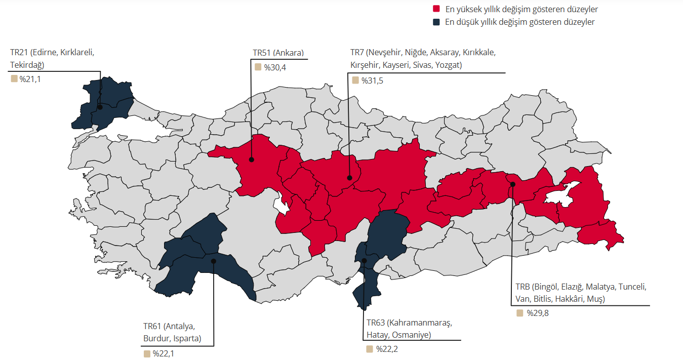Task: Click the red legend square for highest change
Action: (436, 9)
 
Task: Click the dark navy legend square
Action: (436, 22)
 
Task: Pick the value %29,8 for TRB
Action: (537, 313)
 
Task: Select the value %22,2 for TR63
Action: (387, 349)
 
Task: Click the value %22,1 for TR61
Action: (163, 353)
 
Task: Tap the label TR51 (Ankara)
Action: (278, 53)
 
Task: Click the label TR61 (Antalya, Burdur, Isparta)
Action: (173, 332)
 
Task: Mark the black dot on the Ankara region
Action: (251, 159)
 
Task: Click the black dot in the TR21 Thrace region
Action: (100, 107)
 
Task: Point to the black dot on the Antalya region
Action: (213, 261)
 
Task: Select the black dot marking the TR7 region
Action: (349, 178)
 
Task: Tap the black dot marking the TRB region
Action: (512, 184)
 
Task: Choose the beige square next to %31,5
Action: (355, 80)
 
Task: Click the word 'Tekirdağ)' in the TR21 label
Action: (27, 64)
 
